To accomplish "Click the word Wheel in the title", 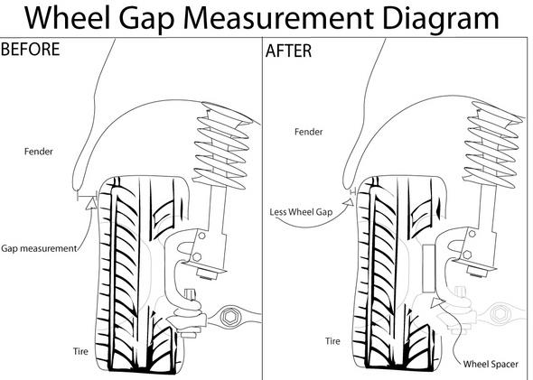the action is tap(68, 18).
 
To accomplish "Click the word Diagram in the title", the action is tap(441, 19).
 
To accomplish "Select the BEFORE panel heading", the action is tap(30, 50).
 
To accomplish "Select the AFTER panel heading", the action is tap(288, 51).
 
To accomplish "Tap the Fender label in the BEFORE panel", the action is tap(39, 152).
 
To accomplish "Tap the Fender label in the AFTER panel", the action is tap(308, 132).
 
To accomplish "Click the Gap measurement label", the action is tap(39, 248).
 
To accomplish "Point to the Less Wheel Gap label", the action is tap(301, 212).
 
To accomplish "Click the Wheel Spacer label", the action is tap(491, 365).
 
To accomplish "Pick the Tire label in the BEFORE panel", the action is tap(80, 351).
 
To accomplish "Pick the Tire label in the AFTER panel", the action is tap(332, 341).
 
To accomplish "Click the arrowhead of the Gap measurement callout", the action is tap(91, 203).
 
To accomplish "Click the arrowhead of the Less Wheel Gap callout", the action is tap(349, 202).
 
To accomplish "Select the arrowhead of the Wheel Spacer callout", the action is tap(436, 302).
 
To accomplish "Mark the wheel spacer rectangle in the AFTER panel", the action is tap(429, 268).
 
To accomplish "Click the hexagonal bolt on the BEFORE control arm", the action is tap(228, 317).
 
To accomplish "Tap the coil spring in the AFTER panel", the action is tap(491, 144).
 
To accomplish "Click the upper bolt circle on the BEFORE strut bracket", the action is tap(202, 236).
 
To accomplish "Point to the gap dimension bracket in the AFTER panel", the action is tap(353, 192).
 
